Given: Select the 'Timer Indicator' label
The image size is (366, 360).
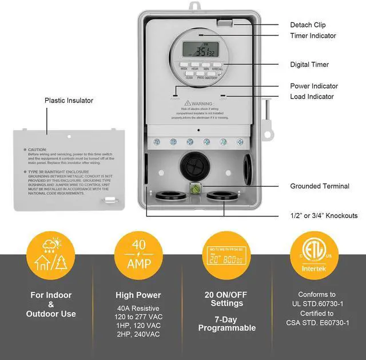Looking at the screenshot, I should [x=313, y=36].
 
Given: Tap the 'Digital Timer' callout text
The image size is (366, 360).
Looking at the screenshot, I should [x=309, y=65].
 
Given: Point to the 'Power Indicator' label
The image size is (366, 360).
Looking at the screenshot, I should [x=314, y=86].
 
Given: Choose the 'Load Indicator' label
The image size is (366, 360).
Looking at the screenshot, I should [x=312, y=97].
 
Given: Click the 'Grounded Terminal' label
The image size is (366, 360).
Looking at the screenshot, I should [x=319, y=186].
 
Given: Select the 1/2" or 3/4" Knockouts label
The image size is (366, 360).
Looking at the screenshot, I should [x=324, y=216].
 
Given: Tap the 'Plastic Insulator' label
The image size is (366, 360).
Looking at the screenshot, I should [x=69, y=101].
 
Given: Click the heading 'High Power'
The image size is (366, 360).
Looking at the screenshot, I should [x=138, y=295].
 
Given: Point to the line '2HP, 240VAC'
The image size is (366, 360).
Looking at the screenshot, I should [x=138, y=334].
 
